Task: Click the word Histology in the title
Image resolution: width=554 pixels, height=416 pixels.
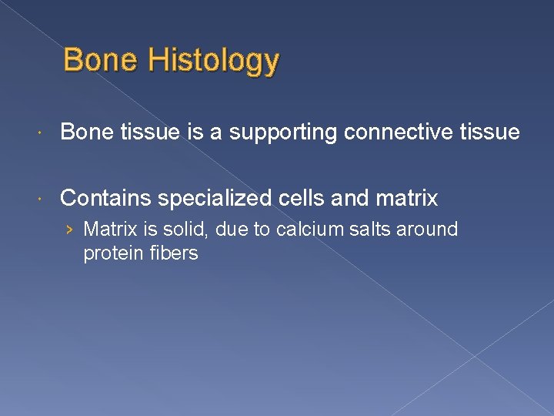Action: coord(215,61)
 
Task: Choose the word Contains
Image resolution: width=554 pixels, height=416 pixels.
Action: coord(105,199)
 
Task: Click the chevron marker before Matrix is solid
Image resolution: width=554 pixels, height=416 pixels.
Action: coord(70,230)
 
